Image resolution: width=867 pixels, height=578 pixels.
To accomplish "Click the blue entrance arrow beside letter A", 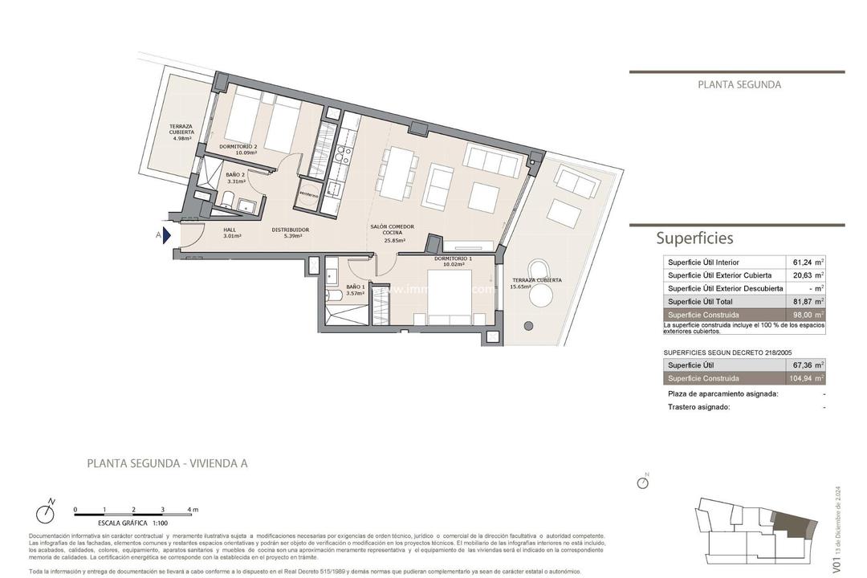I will click(167, 235).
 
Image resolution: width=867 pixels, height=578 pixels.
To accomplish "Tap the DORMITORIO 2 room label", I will click(238, 150).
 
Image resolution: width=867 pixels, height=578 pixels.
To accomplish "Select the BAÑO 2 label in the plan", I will click(234, 178).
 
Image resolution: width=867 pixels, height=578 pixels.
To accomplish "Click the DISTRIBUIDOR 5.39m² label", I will click(290, 233).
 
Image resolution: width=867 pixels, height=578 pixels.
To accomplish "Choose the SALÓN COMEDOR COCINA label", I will click(393, 233).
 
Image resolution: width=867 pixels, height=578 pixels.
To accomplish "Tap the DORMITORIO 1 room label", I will click(453, 262).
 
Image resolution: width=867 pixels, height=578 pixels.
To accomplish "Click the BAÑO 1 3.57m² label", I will click(355, 290).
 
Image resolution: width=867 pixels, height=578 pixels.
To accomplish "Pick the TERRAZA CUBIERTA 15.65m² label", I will click(536, 283).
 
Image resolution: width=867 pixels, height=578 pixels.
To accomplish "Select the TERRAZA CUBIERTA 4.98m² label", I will click(181, 132).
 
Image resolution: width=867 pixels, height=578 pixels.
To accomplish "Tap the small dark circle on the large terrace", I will click(528, 325).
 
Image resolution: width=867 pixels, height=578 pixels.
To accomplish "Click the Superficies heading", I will click(694, 238).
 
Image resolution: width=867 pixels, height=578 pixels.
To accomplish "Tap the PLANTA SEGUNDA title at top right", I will click(739, 84).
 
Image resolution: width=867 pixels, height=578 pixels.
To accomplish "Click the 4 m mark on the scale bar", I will click(191, 510).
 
